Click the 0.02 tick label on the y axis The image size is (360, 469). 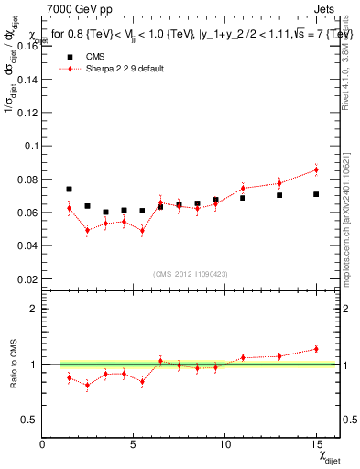[29, 278]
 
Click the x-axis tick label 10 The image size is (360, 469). [224, 444]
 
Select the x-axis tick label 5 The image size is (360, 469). [134, 444]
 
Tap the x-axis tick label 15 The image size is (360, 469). [315, 444]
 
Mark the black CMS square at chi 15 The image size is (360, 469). [316, 194]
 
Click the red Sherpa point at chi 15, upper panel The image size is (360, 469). [316, 169]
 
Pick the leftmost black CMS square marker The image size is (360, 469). [70, 189]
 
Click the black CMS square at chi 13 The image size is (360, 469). [279, 195]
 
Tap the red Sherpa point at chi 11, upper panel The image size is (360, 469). [243, 188]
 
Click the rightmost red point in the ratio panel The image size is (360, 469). [316, 348]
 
